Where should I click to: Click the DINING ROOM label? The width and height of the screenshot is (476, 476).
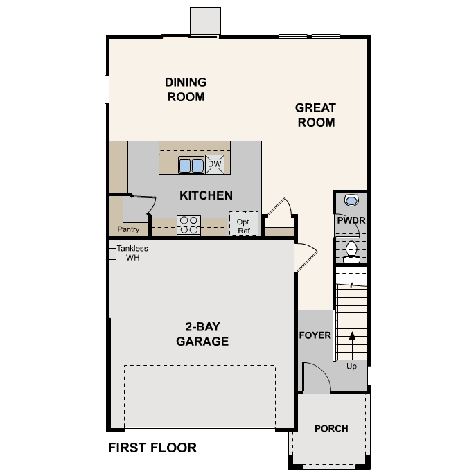(186, 90)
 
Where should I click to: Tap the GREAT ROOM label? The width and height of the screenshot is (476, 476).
(315, 115)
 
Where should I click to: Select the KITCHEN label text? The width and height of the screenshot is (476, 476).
(206, 195)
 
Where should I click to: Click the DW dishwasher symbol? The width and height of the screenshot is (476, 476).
(214, 165)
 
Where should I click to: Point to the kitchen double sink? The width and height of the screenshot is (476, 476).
(191, 166)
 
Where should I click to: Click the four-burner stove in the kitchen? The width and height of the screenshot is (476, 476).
(188, 224)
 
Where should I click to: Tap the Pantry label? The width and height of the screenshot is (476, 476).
(129, 229)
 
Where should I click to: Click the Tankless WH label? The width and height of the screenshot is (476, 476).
(132, 253)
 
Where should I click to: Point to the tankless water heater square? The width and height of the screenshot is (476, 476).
(112, 254)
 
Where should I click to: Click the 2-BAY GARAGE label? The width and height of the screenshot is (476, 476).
(202, 334)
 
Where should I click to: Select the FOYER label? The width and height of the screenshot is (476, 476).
(315, 335)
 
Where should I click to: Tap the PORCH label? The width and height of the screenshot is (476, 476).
(331, 428)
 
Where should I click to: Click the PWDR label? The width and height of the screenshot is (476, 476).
(351, 220)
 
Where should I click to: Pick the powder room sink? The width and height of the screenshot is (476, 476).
(352, 201)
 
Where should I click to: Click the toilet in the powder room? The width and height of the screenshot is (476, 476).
(351, 251)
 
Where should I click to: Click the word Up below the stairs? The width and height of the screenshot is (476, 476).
(351, 366)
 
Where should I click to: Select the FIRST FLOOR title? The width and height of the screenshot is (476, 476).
(152, 448)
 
